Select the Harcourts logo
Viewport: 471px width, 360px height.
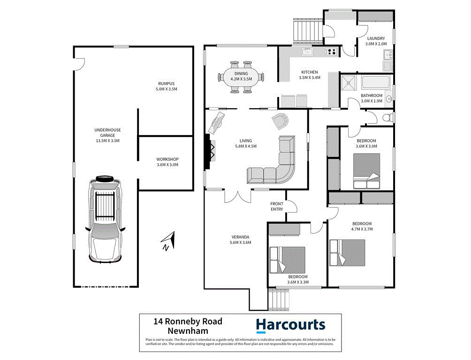tap(290, 325)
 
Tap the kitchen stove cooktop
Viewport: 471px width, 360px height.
tap(331, 52)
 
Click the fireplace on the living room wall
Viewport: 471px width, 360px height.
tap(208, 151)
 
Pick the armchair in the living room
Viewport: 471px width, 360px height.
tap(282, 120)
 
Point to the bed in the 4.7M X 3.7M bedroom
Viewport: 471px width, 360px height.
tap(347, 252)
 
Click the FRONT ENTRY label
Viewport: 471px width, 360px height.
tap(277, 206)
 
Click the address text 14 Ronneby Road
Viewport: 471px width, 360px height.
tap(188, 322)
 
